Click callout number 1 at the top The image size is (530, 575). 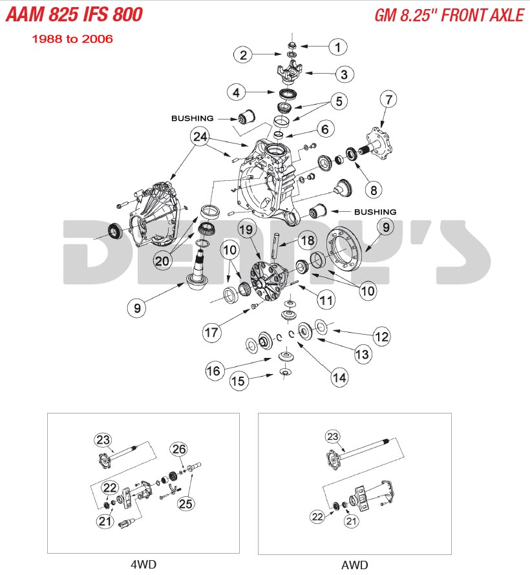coord(337,47)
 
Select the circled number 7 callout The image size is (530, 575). coord(388,99)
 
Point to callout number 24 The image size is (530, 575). coord(200,136)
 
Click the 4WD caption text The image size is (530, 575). coord(143,564)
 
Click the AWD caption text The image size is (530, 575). coord(354,565)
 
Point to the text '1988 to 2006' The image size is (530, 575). coord(72,39)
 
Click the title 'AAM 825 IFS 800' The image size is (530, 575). coord(74,14)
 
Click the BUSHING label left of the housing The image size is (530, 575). coord(191,118)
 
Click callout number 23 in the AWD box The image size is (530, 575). coord(332,437)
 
